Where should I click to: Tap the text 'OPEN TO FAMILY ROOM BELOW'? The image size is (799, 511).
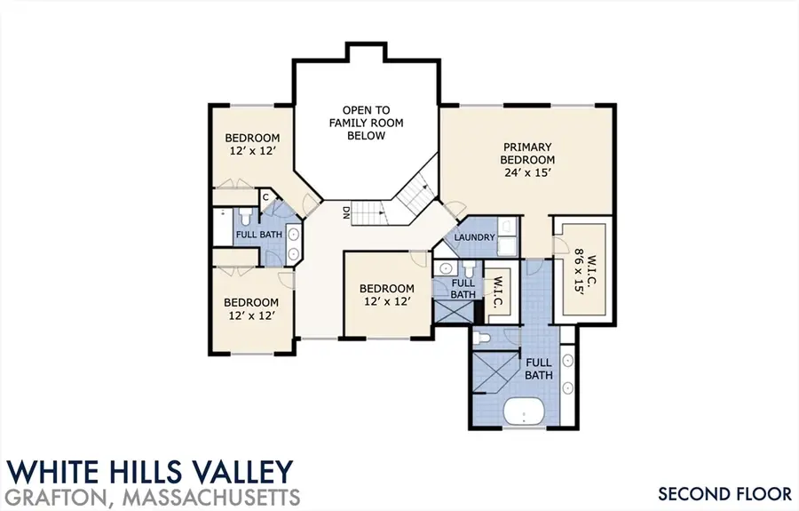click(x=366, y=123)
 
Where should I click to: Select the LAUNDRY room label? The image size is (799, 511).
click(x=473, y=238)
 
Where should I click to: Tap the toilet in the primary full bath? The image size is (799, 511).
click(x=480, y=338)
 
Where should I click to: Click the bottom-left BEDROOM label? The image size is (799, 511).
click(x=251, y=300)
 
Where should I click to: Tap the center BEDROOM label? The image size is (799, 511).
click(x=386, y=289)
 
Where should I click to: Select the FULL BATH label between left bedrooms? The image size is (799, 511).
click(x=258, y=235)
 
